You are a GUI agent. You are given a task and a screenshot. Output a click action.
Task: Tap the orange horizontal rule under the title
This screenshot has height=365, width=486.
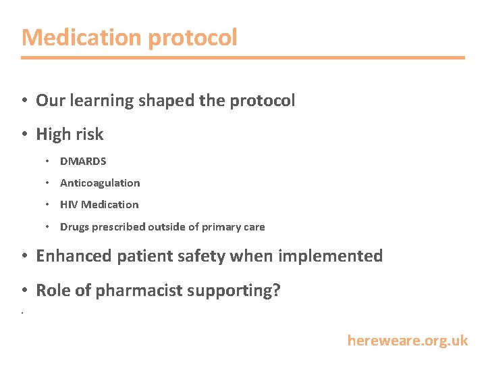243,57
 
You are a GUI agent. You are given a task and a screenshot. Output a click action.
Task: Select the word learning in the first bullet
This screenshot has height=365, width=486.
102,101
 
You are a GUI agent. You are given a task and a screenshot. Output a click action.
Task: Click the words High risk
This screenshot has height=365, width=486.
70,134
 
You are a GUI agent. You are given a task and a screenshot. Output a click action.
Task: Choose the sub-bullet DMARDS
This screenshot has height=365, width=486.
83,162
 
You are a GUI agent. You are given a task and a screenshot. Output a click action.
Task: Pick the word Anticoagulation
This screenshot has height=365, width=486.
100,183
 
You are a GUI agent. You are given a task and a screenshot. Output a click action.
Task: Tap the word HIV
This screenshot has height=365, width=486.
69,205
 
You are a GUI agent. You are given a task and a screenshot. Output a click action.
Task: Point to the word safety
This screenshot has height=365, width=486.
204,256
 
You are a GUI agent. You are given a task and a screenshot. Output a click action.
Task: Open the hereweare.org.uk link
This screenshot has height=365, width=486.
407,341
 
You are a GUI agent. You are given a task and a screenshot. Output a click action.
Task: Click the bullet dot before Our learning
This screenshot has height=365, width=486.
24,101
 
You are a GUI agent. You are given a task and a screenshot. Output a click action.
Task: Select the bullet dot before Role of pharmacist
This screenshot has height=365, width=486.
24,291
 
